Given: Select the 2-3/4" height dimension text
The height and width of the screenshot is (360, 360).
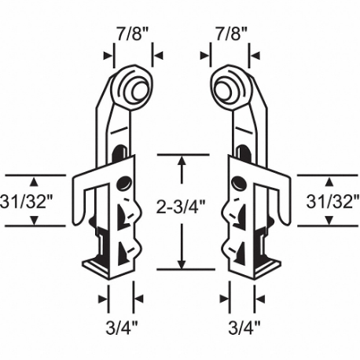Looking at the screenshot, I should click(x=182, y=208).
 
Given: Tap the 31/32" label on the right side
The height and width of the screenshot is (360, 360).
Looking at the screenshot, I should click(x=333, y=200).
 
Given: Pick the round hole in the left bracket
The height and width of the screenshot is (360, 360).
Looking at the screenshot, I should click(x=123, y=184).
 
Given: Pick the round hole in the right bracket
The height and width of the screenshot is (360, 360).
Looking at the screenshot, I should click(x=237, y=184).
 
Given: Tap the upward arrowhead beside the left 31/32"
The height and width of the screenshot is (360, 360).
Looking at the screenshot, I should click(x=36, y=179).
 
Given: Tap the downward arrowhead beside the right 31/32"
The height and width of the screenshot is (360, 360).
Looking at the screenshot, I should click(x=325, y=220).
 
